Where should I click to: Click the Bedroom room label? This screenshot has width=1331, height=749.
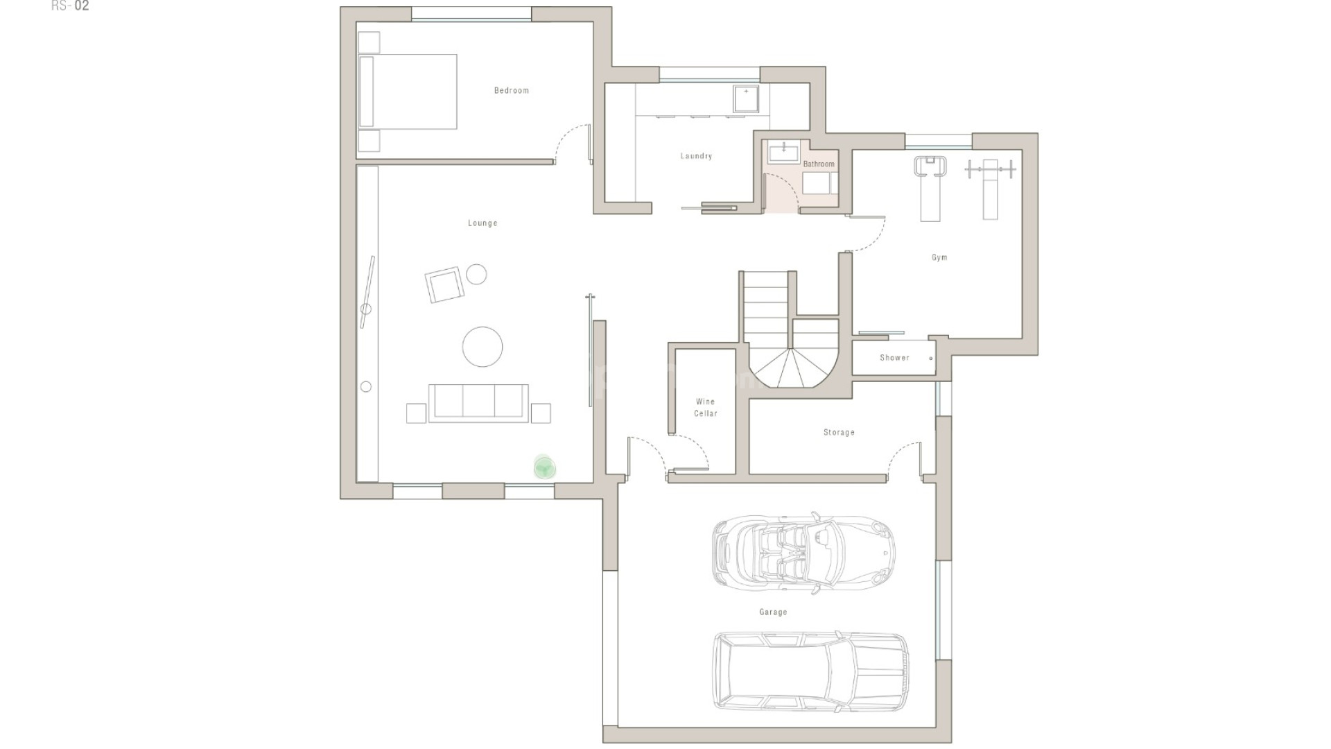coord(511,91)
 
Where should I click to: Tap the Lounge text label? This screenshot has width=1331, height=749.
coord(482,223)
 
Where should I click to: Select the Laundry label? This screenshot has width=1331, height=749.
coord(696,156)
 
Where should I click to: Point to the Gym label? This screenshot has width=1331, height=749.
coord(939,257)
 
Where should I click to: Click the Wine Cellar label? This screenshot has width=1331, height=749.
coord(706,407)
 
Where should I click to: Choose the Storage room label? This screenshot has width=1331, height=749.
coord(839,432)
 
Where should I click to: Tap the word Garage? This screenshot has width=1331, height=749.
coord(773,612)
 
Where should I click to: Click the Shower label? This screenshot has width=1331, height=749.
coord(894,358)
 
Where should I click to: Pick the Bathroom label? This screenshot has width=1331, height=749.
coord(819,164)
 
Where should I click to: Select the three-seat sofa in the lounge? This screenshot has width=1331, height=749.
coord(478,402)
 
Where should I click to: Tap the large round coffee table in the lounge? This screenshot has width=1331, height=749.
coord(482,346)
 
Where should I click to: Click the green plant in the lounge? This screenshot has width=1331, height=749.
coord(545,467)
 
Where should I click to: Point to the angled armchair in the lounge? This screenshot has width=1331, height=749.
coord(444,284)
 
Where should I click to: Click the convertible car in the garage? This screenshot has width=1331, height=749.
coord(803,552)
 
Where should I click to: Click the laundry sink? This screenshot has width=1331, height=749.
coord(746,98)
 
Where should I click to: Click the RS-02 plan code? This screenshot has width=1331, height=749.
coord(70,6)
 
